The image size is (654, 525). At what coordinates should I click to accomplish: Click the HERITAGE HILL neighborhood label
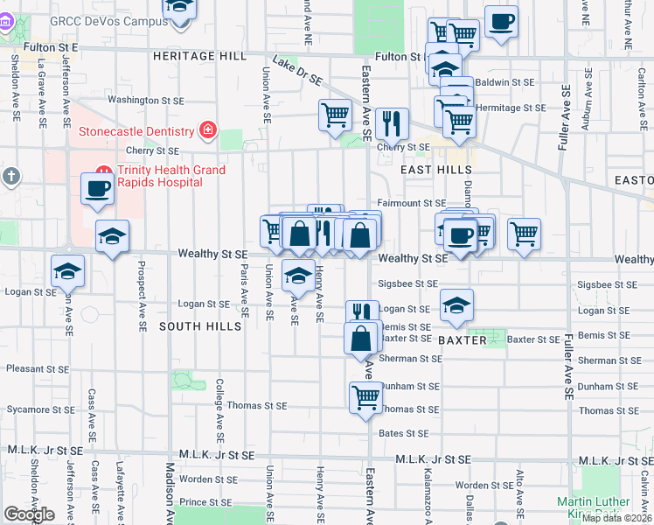(x=200, y=56)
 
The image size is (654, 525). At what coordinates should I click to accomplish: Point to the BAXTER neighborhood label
(x=462, y=339)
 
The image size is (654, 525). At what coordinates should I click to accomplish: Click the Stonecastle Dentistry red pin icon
(x=207, y=131)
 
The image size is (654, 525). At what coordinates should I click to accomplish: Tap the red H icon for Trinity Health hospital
(x=103, y=171)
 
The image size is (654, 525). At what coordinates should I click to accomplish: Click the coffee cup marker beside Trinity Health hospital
(x=98, y=187)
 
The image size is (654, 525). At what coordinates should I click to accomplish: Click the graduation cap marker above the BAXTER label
(x=456, y=304)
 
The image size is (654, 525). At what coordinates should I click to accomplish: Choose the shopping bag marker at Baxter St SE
(x=361, y=338)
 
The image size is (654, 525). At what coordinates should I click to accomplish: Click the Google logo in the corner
(x=29, y=514)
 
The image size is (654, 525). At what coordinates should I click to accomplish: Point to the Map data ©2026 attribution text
(x=616, y=518)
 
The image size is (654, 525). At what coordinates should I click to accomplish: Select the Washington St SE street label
(x=145, y=101)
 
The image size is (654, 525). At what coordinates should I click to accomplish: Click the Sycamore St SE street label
(x=42, y=409)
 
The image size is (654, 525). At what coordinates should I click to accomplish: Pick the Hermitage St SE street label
(x=511, y=108)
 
